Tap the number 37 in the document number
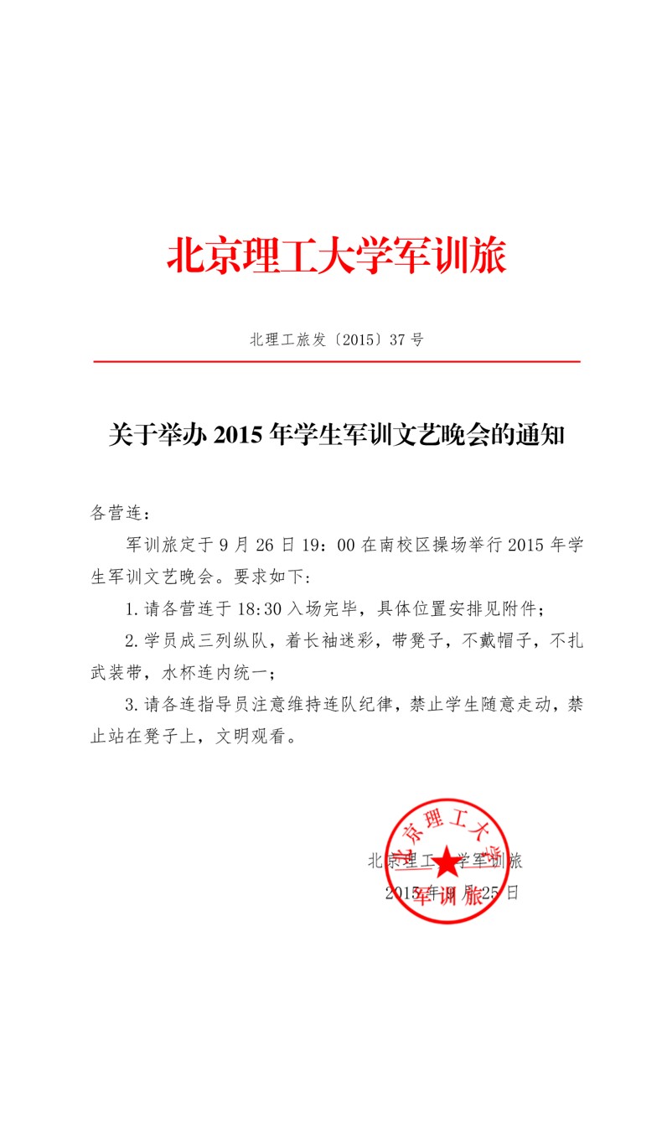click(x=400, y=339)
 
